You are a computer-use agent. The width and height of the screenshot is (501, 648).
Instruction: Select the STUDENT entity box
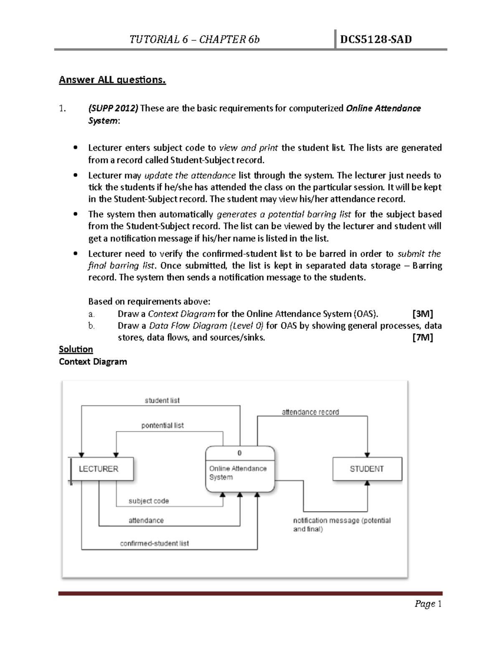pos(367,469)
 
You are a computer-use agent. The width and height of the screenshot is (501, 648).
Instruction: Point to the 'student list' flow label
pos(162,401)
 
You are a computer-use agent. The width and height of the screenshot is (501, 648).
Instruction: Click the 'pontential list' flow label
pos(162,426)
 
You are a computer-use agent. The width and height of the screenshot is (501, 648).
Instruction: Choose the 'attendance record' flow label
pos(310,412)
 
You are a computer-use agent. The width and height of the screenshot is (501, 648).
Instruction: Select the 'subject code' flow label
pos(149,501)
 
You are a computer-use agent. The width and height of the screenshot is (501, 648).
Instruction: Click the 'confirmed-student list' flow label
pos(154,544)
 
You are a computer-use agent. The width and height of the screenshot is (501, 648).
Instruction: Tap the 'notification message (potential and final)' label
pos(342,525)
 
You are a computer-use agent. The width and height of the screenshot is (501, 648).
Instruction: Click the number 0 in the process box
pos(240,453)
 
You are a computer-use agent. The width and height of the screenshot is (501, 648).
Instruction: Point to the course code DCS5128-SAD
pos(376,40)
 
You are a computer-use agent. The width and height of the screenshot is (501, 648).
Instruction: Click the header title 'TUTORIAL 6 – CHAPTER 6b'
pos(195,40)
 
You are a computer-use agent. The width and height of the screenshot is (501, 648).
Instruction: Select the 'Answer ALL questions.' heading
pos(112,80)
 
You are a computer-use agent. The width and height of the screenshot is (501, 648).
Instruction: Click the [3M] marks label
pos(422,314)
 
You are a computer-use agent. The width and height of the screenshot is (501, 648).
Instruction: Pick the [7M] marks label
pos(422,338)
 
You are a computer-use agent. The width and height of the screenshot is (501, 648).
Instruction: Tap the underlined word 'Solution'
pos(76,349)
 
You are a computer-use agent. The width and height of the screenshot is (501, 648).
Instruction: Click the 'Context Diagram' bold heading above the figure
pos(93,362)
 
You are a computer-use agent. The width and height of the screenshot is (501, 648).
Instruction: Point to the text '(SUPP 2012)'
pos(113,108)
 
